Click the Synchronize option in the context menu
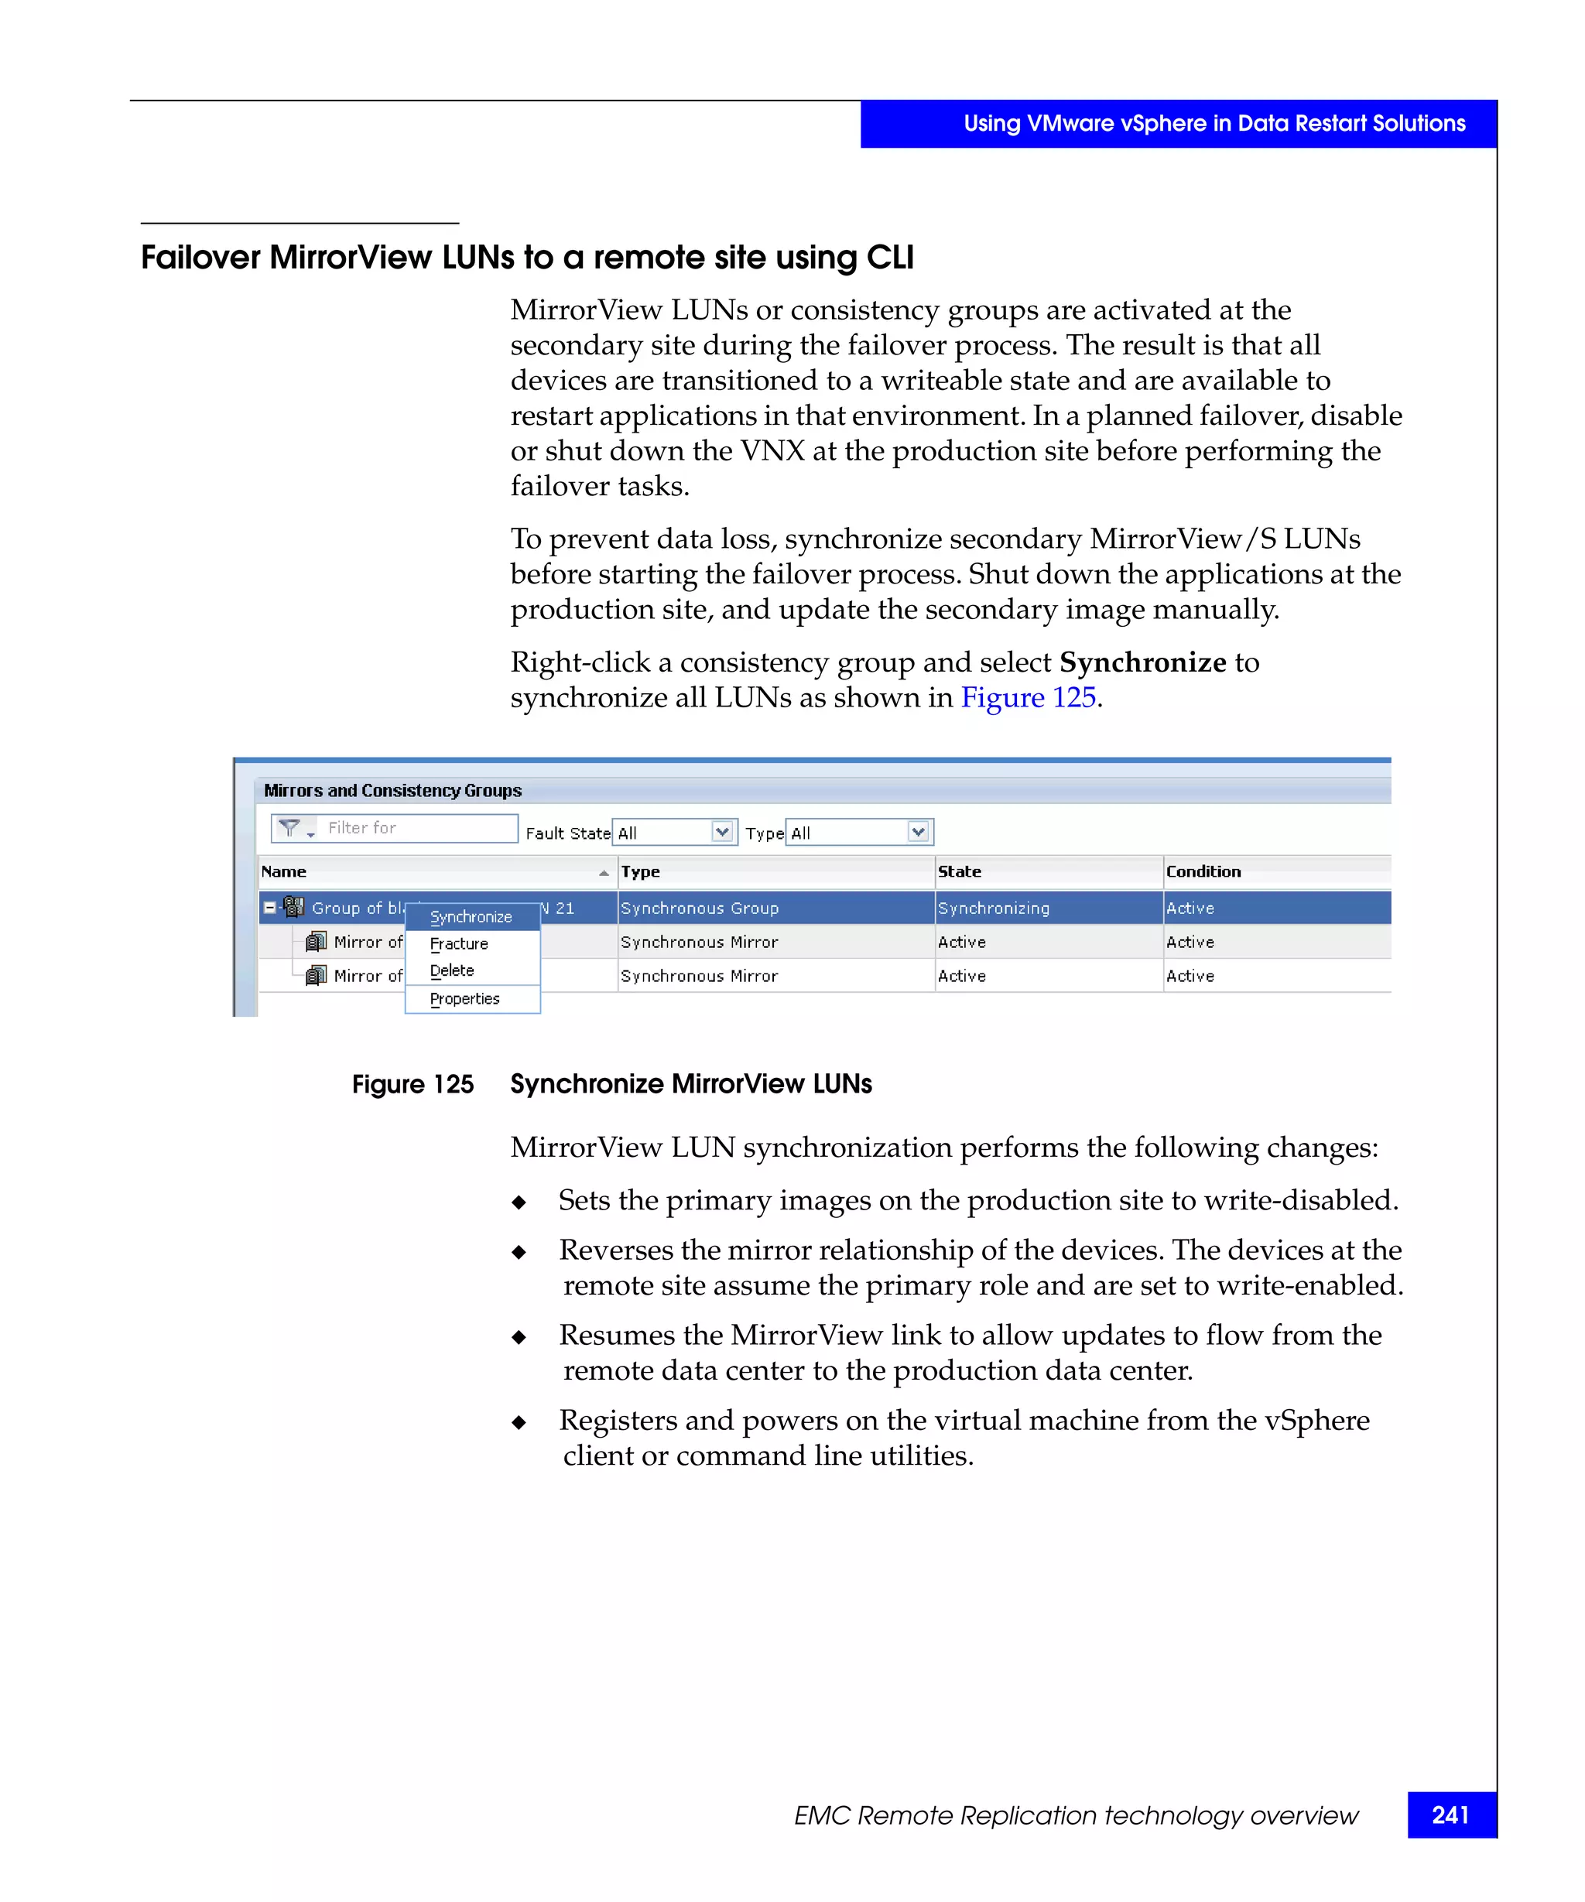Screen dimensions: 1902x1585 pos(471,917)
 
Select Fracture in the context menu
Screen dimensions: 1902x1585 pos(459,944)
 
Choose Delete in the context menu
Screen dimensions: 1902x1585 pos(452,970)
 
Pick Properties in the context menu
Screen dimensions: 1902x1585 pos(464,998)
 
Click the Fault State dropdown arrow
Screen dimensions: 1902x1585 pos(722,831)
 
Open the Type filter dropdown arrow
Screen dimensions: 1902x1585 pos(917,831)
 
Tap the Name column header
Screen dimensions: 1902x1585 pos(284,871)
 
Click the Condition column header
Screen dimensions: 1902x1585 pos(1203,871)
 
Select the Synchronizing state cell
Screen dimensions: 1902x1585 pos(994,908)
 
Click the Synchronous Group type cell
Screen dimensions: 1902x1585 pos(699,908)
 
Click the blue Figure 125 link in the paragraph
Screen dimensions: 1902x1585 pos(1028,697)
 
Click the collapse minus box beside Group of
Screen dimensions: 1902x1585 pos(270,907)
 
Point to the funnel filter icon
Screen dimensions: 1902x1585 pos(289,828)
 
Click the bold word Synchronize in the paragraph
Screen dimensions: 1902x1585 pos(1143,662)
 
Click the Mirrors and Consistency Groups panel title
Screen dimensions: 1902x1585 pos(392,791)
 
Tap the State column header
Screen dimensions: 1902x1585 pos(959,871)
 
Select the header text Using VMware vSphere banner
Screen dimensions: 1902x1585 pos(1214,124)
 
